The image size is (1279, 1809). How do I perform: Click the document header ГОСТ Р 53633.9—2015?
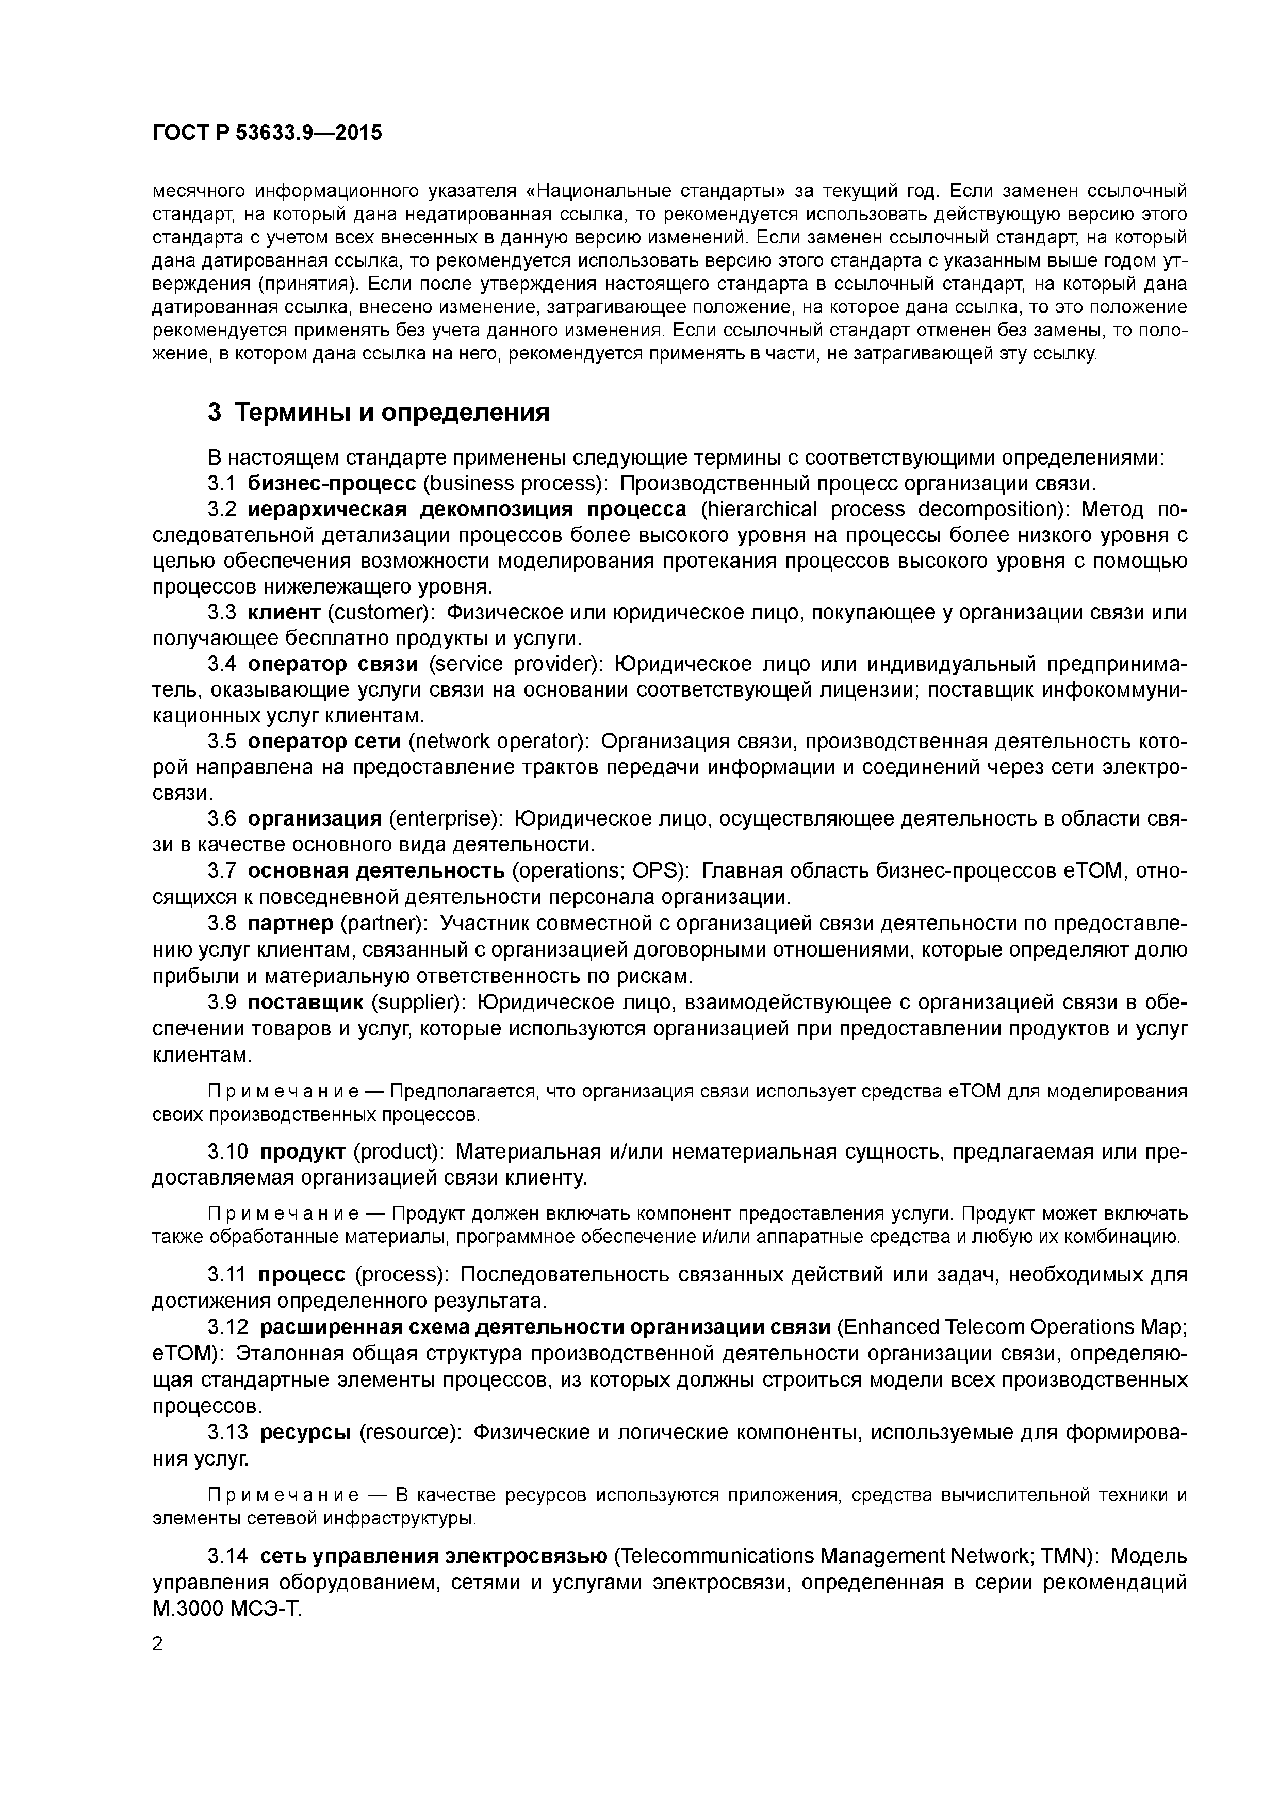pyautogui.click(x=266, y=133)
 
